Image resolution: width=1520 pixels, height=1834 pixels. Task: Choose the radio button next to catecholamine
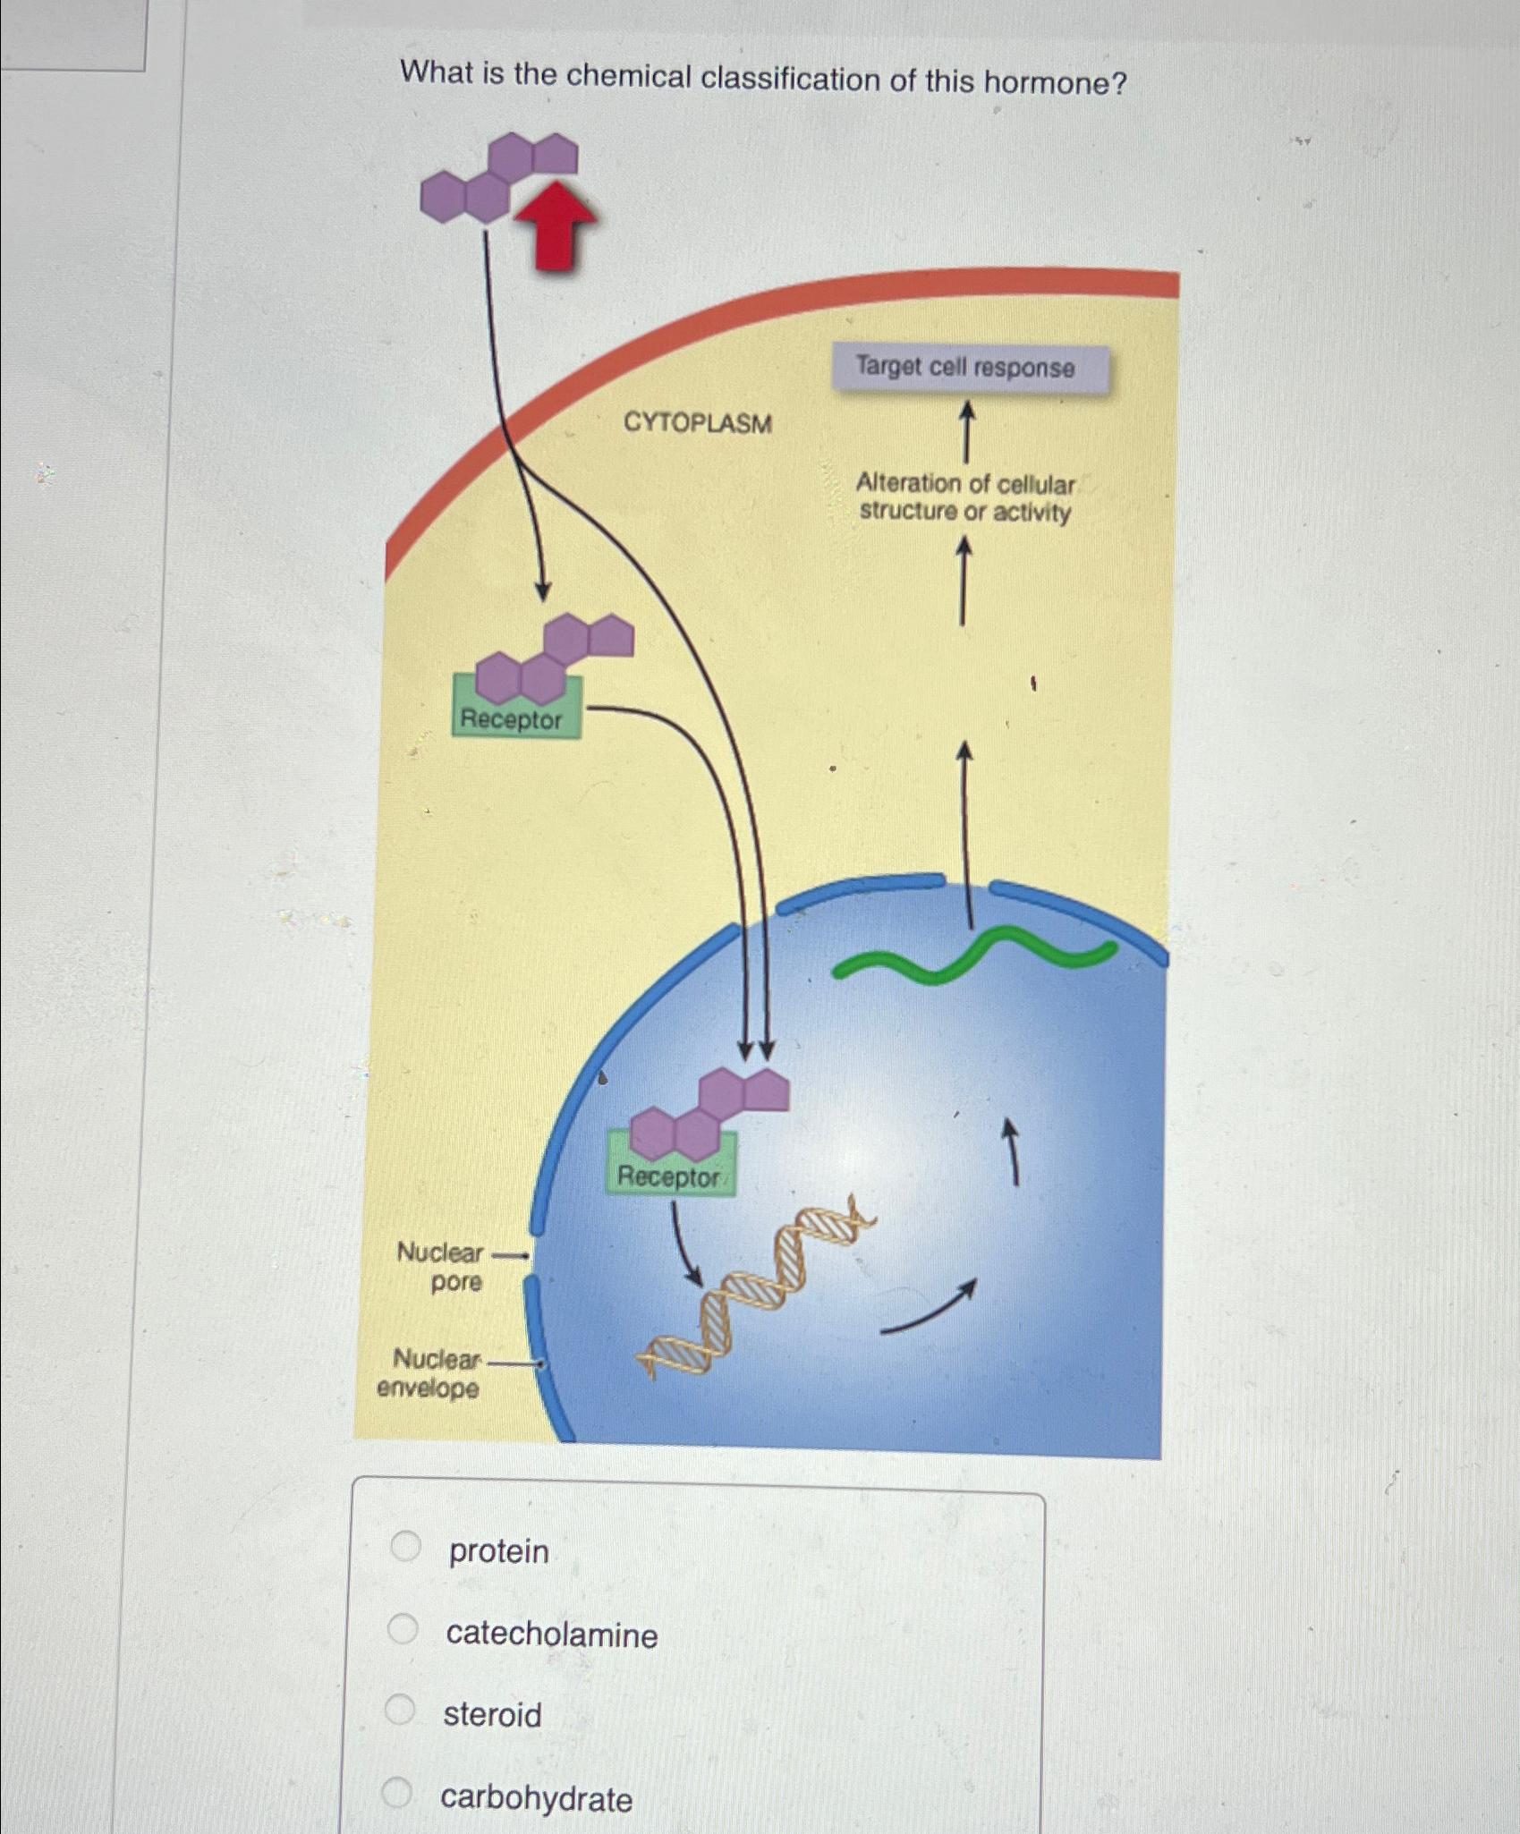(x=403, y=1629)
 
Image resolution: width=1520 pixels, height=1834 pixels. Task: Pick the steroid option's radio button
(x=400, y=1710)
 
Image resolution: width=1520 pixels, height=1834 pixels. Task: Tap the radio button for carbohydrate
(x=396, y=1792)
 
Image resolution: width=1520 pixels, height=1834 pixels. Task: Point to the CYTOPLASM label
(x=697, y=422)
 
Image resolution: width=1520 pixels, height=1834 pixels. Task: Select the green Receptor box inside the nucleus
(x=669, y=1176)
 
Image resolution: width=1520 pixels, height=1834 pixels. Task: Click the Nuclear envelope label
(x=430, y=1373)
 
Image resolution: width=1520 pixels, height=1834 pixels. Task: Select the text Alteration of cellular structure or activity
(x=964, y=498)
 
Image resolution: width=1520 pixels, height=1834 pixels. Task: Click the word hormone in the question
(x=1055, y=83)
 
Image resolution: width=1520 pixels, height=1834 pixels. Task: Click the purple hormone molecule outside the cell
(x=498, y=179)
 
